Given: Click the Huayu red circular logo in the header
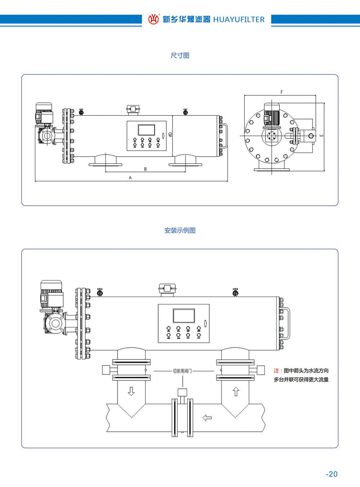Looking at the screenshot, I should point(153,19).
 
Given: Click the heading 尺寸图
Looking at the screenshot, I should point(180,55).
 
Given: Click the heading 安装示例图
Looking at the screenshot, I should point(180,231).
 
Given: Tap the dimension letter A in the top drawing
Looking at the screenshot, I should point(130,178).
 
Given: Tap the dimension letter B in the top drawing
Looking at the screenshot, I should point(145,169).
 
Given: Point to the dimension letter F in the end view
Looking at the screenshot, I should point(282,92).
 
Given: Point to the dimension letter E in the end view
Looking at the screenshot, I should point(321,136).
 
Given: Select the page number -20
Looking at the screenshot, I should point(332,474).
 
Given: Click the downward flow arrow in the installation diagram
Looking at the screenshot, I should point(131,391).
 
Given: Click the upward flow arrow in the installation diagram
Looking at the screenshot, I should point(236,391).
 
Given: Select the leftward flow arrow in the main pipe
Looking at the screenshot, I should point(207,418).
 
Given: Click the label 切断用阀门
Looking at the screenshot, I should point(183,371).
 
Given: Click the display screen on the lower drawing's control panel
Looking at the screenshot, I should point(184,315).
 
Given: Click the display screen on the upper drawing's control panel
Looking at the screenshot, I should point(146,130).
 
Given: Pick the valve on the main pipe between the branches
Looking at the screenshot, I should point(183,414).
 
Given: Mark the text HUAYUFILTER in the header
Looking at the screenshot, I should point(239,19).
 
